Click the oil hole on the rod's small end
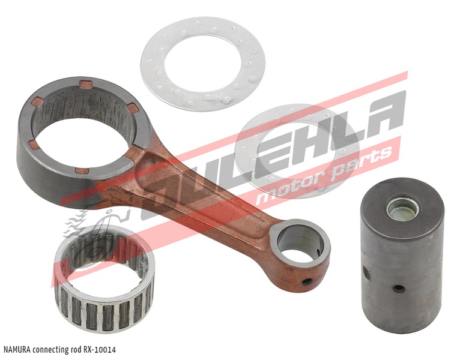(x=307, y=282)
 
